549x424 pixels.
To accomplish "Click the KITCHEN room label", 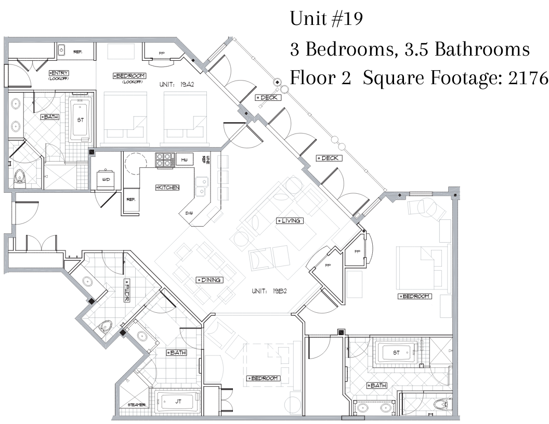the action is point(167,188).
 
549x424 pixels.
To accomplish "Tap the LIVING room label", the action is point(290,221).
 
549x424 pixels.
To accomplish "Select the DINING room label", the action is point(210,280).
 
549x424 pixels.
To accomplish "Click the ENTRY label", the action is point(58,73).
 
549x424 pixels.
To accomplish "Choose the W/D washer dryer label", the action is point(106,180).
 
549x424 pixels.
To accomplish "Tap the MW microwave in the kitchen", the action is point(185,160).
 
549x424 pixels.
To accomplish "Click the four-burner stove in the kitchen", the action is point(165,160).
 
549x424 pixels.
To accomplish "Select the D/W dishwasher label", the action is point(188,213).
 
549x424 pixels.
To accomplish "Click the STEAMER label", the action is point(137,405).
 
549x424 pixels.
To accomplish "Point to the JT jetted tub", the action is point(178,402).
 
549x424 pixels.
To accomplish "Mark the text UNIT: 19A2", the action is point(176,84).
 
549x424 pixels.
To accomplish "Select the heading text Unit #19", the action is point(326,19).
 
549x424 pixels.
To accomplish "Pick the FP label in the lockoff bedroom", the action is point(161,54).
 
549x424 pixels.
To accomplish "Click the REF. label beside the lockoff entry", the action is point(77,52).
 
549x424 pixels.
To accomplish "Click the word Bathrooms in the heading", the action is point(482,49).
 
